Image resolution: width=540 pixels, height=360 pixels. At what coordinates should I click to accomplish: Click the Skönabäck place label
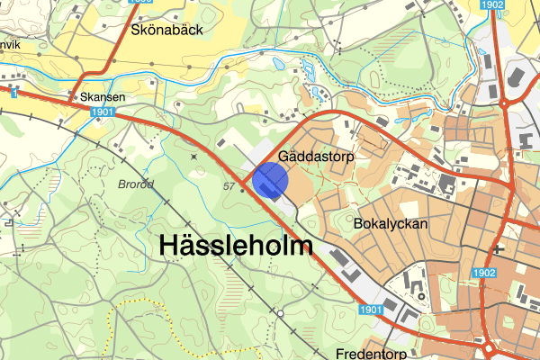pos(168,30)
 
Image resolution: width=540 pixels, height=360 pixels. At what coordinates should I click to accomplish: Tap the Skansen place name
pos(101,95)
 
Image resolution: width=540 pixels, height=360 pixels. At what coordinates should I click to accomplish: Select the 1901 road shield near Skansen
pos(102,111)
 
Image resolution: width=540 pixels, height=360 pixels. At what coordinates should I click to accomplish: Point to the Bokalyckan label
pos(390,223)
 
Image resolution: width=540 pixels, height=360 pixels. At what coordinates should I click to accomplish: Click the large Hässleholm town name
pos(236,246)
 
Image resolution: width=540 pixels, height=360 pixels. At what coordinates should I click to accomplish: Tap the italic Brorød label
pos(136,184)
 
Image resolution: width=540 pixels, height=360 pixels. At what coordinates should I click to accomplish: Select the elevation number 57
pos(229,185)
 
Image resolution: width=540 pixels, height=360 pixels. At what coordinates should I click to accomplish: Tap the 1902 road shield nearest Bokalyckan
pos(484,273)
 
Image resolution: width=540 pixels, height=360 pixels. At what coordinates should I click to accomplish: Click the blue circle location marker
pos(270,179)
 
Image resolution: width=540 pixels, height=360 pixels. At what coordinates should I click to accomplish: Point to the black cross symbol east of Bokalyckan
pos(497,247)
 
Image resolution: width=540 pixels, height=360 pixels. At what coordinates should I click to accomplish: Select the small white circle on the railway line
pos(280,313)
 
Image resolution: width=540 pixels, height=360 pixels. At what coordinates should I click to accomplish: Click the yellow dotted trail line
pos(135,310)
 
